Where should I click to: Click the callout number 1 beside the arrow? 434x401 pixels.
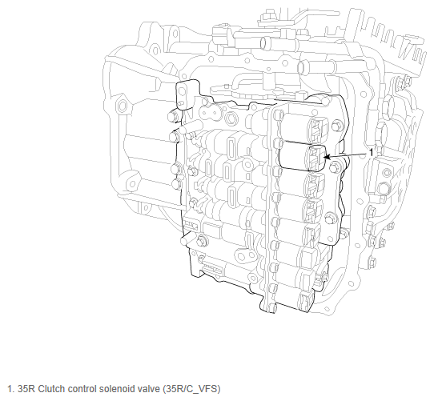pyautogui.click(x=372, y=152)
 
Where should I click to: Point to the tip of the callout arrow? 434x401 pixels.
pyautogui.click(x=323, y=157)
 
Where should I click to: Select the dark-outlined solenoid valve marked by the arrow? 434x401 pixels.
pyautogui.click(x=302, y=157)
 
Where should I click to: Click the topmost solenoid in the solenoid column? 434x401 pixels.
pyautogui.click(x=304, y=128)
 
